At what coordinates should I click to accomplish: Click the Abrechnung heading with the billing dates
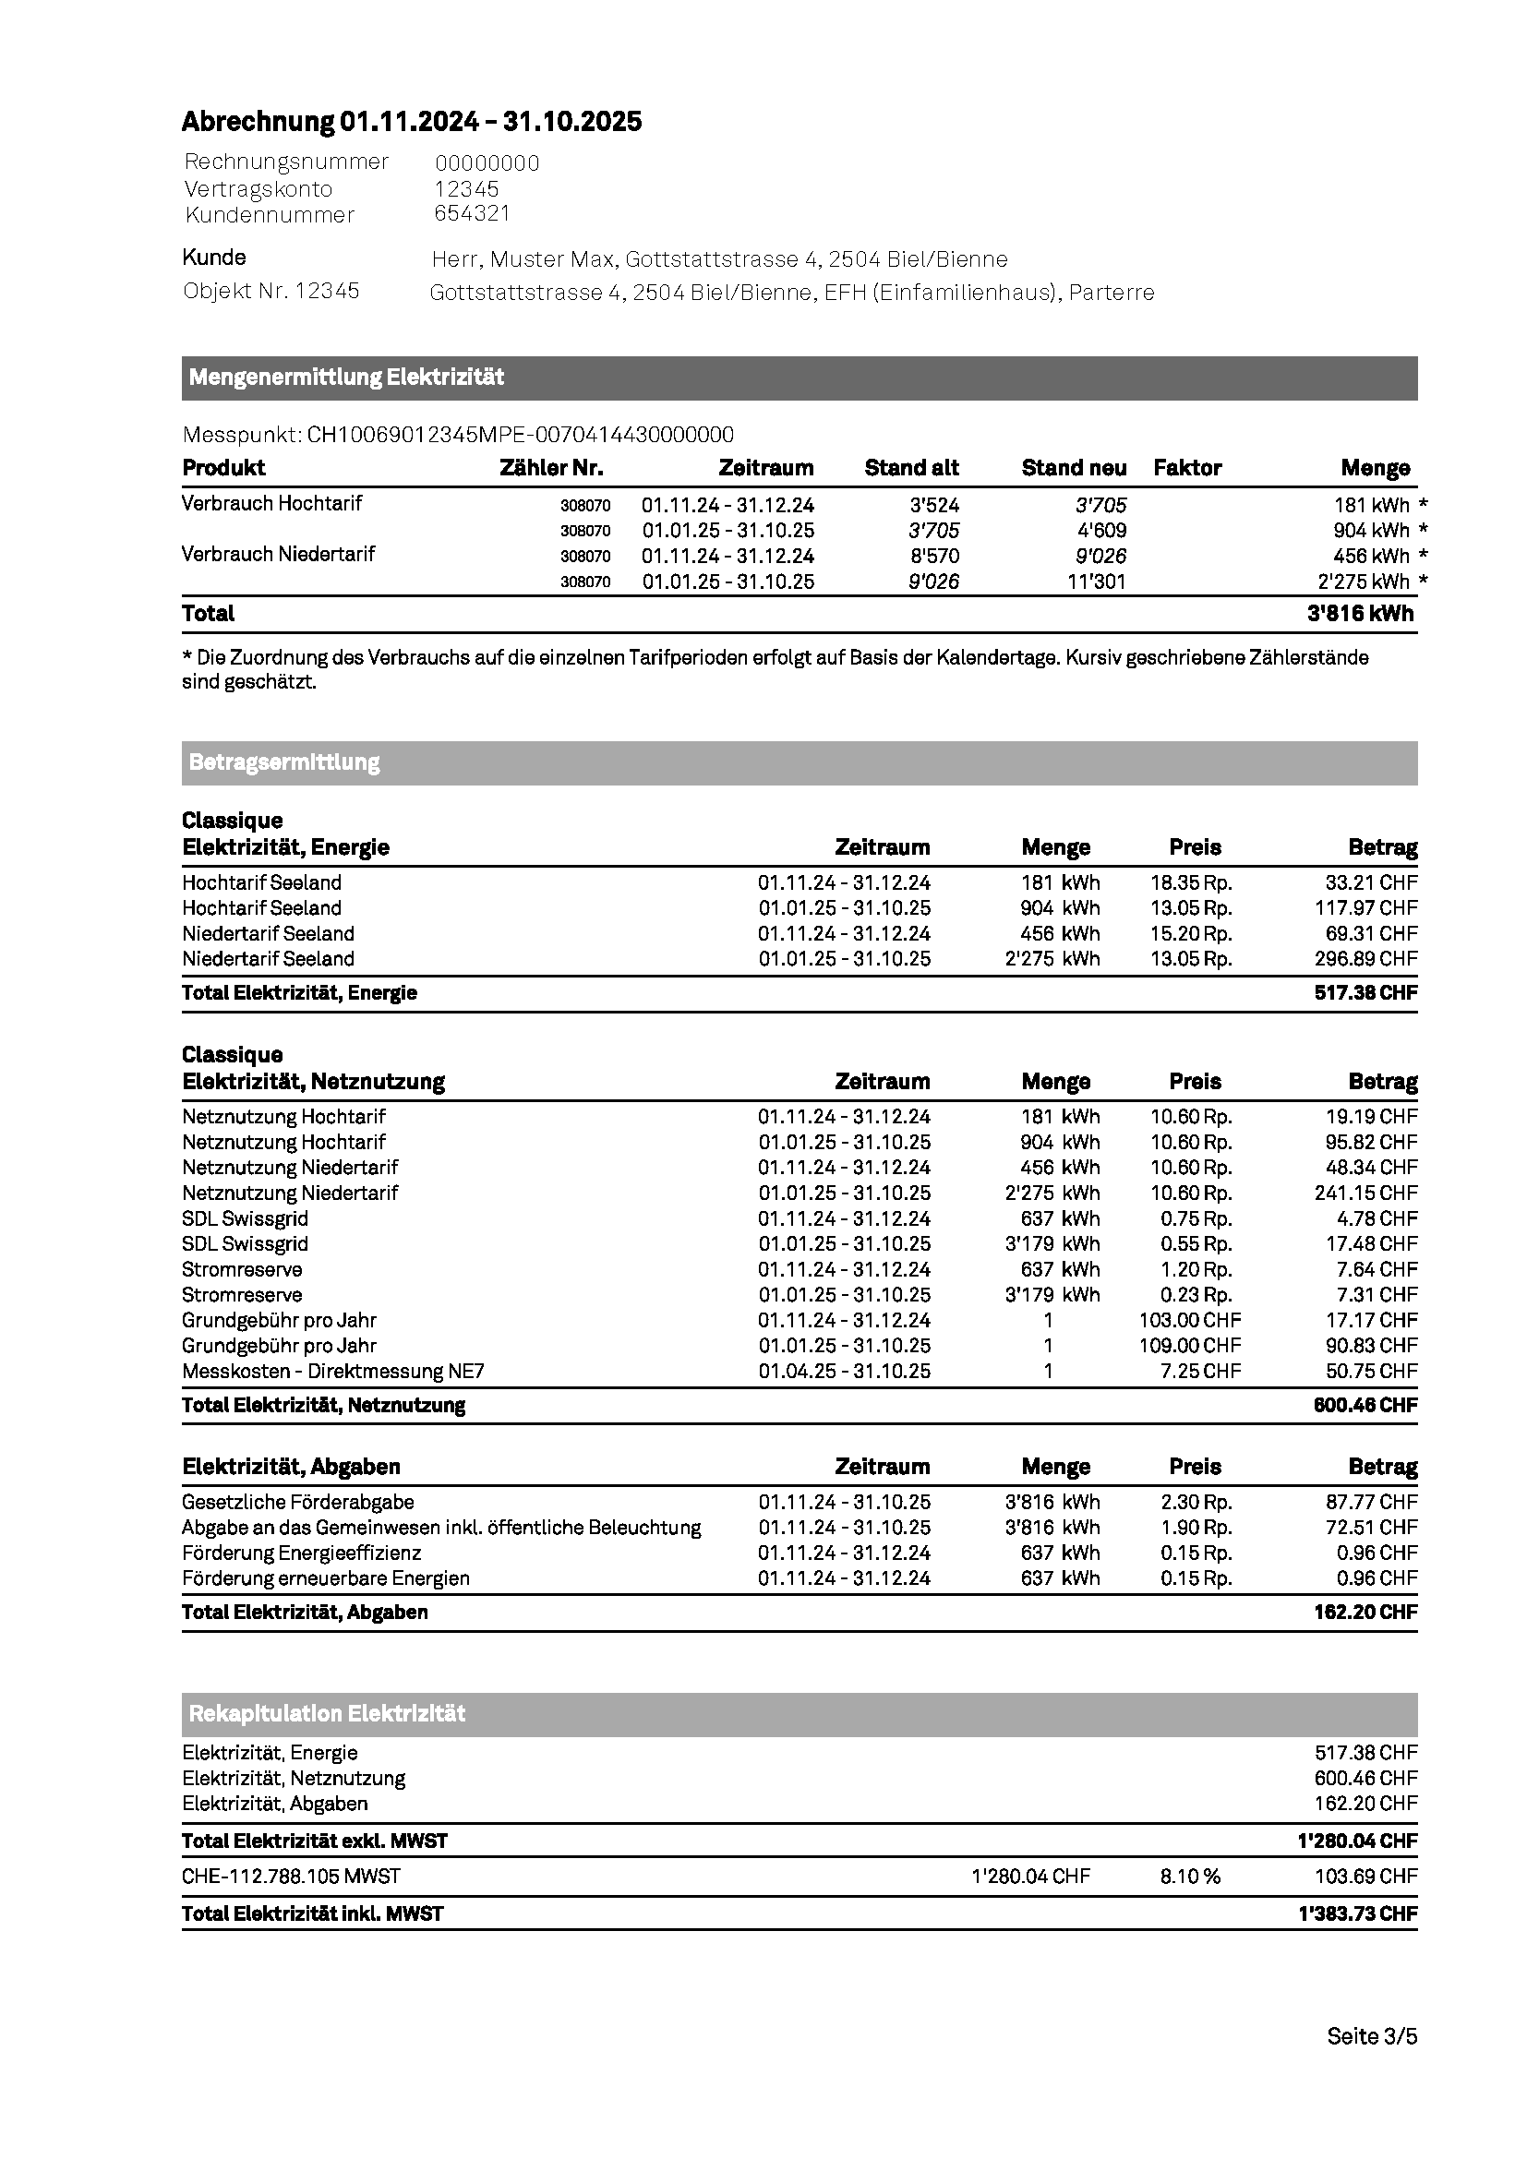pos(411,121)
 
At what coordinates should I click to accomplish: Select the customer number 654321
pos(472,213)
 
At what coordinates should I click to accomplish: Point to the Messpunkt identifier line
pos(458,435)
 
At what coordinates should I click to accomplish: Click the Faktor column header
pos(1186,468)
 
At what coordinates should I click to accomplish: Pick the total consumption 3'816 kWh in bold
pos(1360,614)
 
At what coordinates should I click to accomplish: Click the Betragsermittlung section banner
pos(800,762)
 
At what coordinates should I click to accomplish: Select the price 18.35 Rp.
pos(1190,883)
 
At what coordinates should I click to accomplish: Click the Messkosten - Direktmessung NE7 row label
pos(333,1371)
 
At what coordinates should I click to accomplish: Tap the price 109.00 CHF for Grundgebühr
pos(1189,1346)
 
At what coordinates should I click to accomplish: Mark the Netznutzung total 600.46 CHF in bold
pos(1365,1406)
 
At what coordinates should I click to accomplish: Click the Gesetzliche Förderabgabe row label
pos(298,1503)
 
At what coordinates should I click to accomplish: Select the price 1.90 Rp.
pos(1196,1528)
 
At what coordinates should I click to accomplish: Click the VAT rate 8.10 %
pos(1189,1877)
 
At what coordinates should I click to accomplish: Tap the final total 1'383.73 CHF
pos(1357,1913)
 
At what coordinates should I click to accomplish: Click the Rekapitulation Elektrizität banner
pos(800,1713)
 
